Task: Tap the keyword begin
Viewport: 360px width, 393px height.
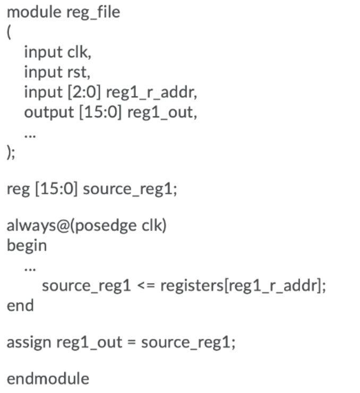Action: pyautogui.click(x=27, y=245)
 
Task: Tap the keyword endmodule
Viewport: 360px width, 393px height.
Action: pyautogui.click(x=48, y=379)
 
